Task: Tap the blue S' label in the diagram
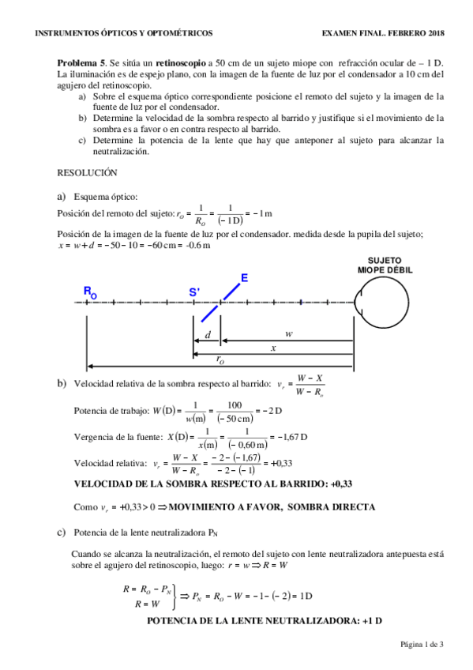click(x=194, y=292)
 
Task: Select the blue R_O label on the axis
click(x=90, y=292)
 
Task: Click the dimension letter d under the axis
click(x=208, y=335)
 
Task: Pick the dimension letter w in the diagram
click(x=289, y=334)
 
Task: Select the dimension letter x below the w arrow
click(x=273, y=348)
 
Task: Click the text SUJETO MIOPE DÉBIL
click(x=385, y=265)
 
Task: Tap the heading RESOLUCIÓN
click(x=87, y=171)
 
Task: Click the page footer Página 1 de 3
click(x=422, y=646)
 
